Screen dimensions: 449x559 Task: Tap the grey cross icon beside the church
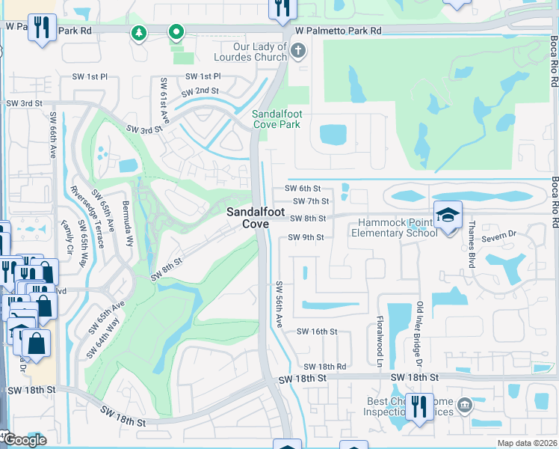point(297,51)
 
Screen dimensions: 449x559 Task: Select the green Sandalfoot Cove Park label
point(276,119)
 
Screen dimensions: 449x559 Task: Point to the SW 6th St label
point(306,189)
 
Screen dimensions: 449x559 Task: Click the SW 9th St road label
point(306,238)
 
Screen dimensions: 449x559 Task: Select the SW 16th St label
point(317,331)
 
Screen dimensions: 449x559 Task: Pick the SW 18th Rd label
point(325,367)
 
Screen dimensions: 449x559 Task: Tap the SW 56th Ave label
point(279,304)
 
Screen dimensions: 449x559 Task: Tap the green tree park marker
point(138,33)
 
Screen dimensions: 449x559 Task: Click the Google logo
point(24,440)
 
